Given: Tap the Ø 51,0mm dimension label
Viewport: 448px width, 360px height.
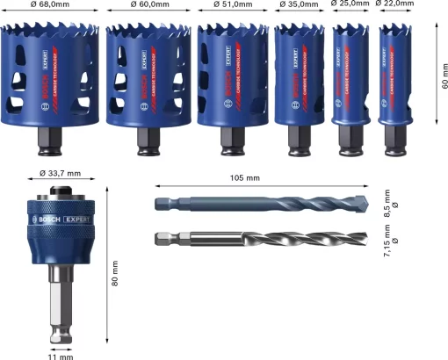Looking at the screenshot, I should click(230, 5).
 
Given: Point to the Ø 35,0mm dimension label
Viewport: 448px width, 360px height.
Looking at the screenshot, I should click(299, 5).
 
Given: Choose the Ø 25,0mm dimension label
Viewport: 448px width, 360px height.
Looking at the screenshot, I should click(350, 5).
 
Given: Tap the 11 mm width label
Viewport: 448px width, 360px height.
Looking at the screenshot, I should click(61, 356).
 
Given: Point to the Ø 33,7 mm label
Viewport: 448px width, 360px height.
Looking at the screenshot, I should click(60, 172).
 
